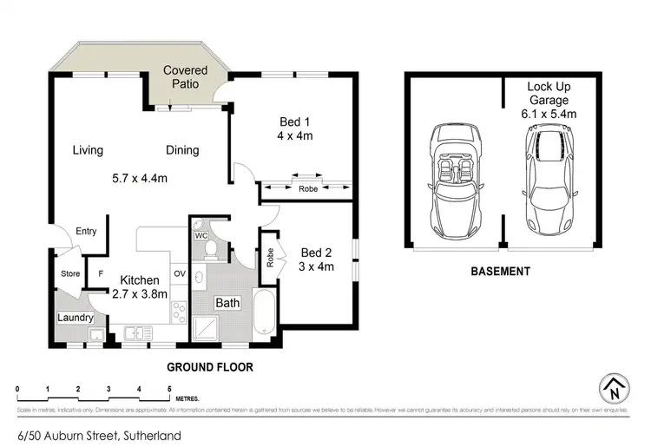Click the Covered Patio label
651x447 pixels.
pyautogui.click(x=185, y=78)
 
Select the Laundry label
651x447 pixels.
pyautogui.click(x=75, y=318)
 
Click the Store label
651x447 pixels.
pyautogui.click(x=69, y=274)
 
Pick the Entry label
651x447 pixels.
pyautogui.click(x=86, y=231)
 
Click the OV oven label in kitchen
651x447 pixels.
pyautogui.click(x=180, y=273)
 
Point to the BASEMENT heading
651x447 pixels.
pyautogui.click(x=500, y=272)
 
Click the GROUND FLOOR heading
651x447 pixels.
pyautogui.click(x=210, y=367)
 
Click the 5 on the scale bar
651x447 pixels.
pyautogui.click(x=168, y=388)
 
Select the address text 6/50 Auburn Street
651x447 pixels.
pyautogui.click(x=99, y=435)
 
